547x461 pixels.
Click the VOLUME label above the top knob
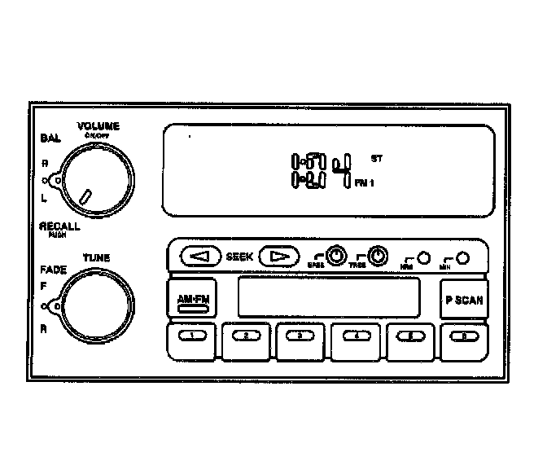98,126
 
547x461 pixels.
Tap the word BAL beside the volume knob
50,139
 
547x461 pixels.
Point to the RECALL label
59,226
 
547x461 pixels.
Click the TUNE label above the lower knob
95,258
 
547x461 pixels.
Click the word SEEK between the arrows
238,257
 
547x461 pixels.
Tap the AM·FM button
194,299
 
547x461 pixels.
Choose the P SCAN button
463,299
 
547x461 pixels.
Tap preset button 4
356,336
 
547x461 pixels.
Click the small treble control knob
377,257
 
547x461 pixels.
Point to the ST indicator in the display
376,156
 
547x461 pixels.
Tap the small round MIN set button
462,257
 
